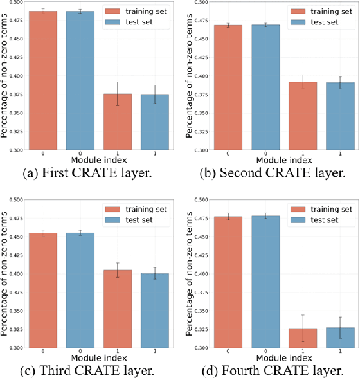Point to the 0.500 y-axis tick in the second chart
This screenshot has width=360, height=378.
(201, 3)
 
